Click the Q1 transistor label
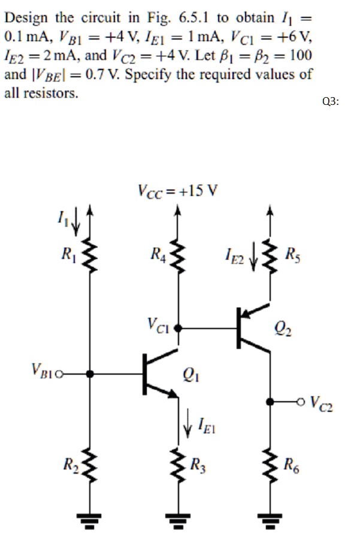pyautogui.click(x=193, y=377)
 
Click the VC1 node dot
pyautogui.click(x=177, y=329)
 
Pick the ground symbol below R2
pyautogui.click(x=90, y=521)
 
